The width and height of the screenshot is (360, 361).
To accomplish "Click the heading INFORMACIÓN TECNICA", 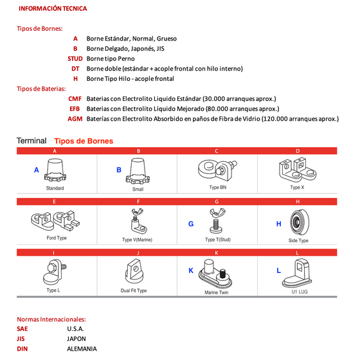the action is click(x=53, y=8).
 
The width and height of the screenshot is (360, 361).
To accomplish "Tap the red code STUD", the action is click(x=75, y=58).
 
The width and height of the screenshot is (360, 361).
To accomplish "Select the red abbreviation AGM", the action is click(x=75, y=119).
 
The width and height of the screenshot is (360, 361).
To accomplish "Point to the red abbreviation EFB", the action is click(x=75, y=109).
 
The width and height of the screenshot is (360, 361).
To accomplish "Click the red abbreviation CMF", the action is click(x=75, y=99).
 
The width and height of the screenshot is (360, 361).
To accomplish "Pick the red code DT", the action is click(x=75, y=69).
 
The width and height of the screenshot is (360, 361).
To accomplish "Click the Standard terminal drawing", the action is click(x=55, y=171).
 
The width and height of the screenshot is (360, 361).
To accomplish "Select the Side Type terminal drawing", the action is click(x=300, y=222).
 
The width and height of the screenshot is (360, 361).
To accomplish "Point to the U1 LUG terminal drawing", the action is click(x=297, y=273).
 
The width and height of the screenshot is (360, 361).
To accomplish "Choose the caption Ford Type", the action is click(x=57, y=238).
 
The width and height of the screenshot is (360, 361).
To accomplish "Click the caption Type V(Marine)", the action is click(x=137, y=240).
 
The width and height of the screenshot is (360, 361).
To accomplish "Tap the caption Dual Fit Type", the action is click(x=134, y=290).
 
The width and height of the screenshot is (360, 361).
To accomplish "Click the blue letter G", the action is click(x=191, y=224).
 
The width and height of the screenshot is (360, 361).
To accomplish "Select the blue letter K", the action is click(x=191, y=270).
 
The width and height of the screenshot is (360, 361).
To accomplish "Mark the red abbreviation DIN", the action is click(x=22, y=349).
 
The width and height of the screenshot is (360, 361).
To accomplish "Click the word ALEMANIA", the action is click(x=82, y=349).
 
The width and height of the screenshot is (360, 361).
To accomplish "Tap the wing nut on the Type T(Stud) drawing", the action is click(x=217, y=213).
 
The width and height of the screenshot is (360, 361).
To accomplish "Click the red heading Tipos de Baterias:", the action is click(x=41, y=89).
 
